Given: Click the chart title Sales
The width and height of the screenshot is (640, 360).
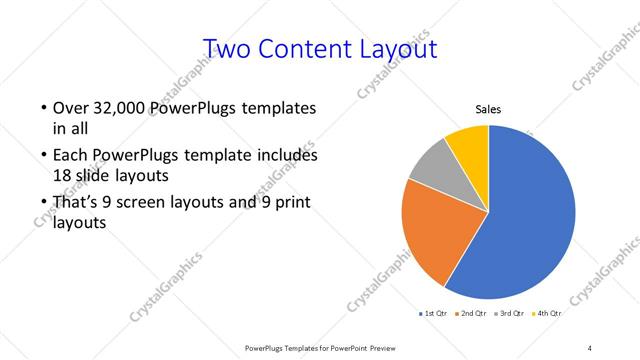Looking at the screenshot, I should click(x=487, y=109).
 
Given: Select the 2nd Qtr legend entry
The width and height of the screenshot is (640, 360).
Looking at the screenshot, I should click(x=472, y=313).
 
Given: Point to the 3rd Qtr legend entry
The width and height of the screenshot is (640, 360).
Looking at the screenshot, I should click(x=510, y=313).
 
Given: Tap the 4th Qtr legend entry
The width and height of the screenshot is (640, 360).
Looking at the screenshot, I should click(x=547, y=313).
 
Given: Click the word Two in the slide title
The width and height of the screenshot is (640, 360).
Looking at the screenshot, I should click(x=227, y=49).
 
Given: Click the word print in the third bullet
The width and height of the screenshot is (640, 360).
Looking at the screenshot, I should click(x=295, y=203).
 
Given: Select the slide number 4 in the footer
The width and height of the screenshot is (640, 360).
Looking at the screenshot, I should click(x=589, y=348).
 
